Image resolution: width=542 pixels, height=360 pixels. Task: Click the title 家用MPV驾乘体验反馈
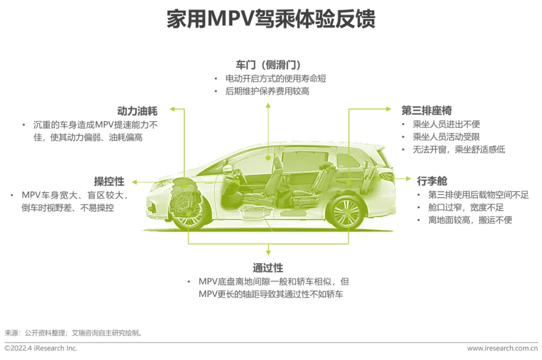click(271, 20)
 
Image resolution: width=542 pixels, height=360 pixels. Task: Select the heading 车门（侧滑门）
click(268, 65)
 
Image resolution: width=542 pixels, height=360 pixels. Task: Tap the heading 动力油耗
click(137, 111)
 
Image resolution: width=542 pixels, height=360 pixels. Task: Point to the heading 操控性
click(109, 181)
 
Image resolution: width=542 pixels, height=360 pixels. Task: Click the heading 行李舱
click(432, 181)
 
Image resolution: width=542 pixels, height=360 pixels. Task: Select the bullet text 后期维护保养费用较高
click(267, 91)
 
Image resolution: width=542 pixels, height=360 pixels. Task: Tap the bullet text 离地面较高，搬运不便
click(463, 220)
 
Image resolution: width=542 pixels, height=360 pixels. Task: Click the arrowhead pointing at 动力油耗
click(172, 108)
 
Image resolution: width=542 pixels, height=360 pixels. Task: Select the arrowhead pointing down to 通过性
click(268, 253)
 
